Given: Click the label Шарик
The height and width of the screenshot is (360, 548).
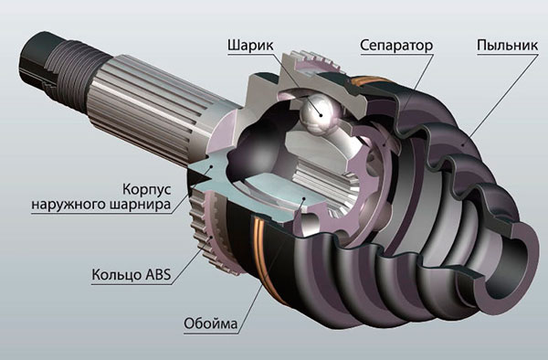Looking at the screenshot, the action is pyautogui.click(x=250, y=46).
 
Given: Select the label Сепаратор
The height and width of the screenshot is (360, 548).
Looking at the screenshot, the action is pyautogui.click(x=396, y=46).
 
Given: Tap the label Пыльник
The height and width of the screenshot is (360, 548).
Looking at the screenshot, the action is pyautogui.click(x=508, y=46).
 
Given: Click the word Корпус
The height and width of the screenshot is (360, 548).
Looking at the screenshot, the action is pyautogui.click(x=147, y=189).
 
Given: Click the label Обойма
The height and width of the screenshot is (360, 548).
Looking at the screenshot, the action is pyautogui.click(x=210, y=323).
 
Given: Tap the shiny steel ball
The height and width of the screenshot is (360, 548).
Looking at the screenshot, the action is pyautogui.click(x=320, y=113).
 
